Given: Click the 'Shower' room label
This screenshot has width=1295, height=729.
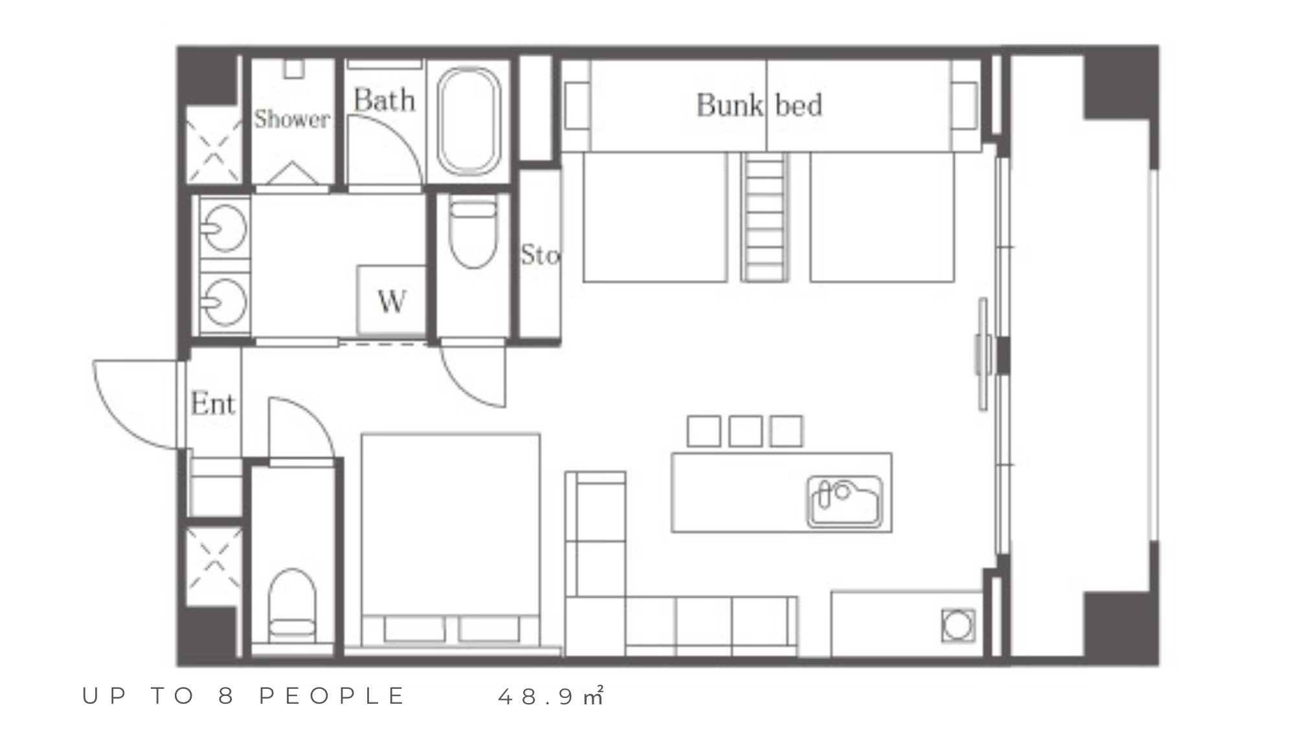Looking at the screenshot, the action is point(291,119).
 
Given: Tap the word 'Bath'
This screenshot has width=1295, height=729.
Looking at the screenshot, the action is point(384,100).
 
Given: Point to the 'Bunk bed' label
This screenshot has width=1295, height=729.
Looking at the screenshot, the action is point(759,105).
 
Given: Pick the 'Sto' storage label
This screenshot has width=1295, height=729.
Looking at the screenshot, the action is point(540,255).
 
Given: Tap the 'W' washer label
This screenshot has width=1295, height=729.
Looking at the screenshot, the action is point(392,301).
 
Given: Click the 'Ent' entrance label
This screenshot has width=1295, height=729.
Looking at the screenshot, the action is point(213,404).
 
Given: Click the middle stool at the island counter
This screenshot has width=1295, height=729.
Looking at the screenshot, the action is point(745,431).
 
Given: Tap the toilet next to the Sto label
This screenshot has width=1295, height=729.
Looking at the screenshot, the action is point(473,233).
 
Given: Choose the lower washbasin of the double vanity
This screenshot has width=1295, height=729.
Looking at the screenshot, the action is point(223,301).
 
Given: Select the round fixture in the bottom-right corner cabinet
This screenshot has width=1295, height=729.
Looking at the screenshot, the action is point(958,625).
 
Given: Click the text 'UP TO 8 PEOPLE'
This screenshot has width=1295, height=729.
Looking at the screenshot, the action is point(243,696).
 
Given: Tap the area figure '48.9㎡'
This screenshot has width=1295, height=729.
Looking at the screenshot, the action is point(551,696).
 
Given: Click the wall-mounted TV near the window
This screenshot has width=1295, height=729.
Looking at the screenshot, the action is point(983,353).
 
